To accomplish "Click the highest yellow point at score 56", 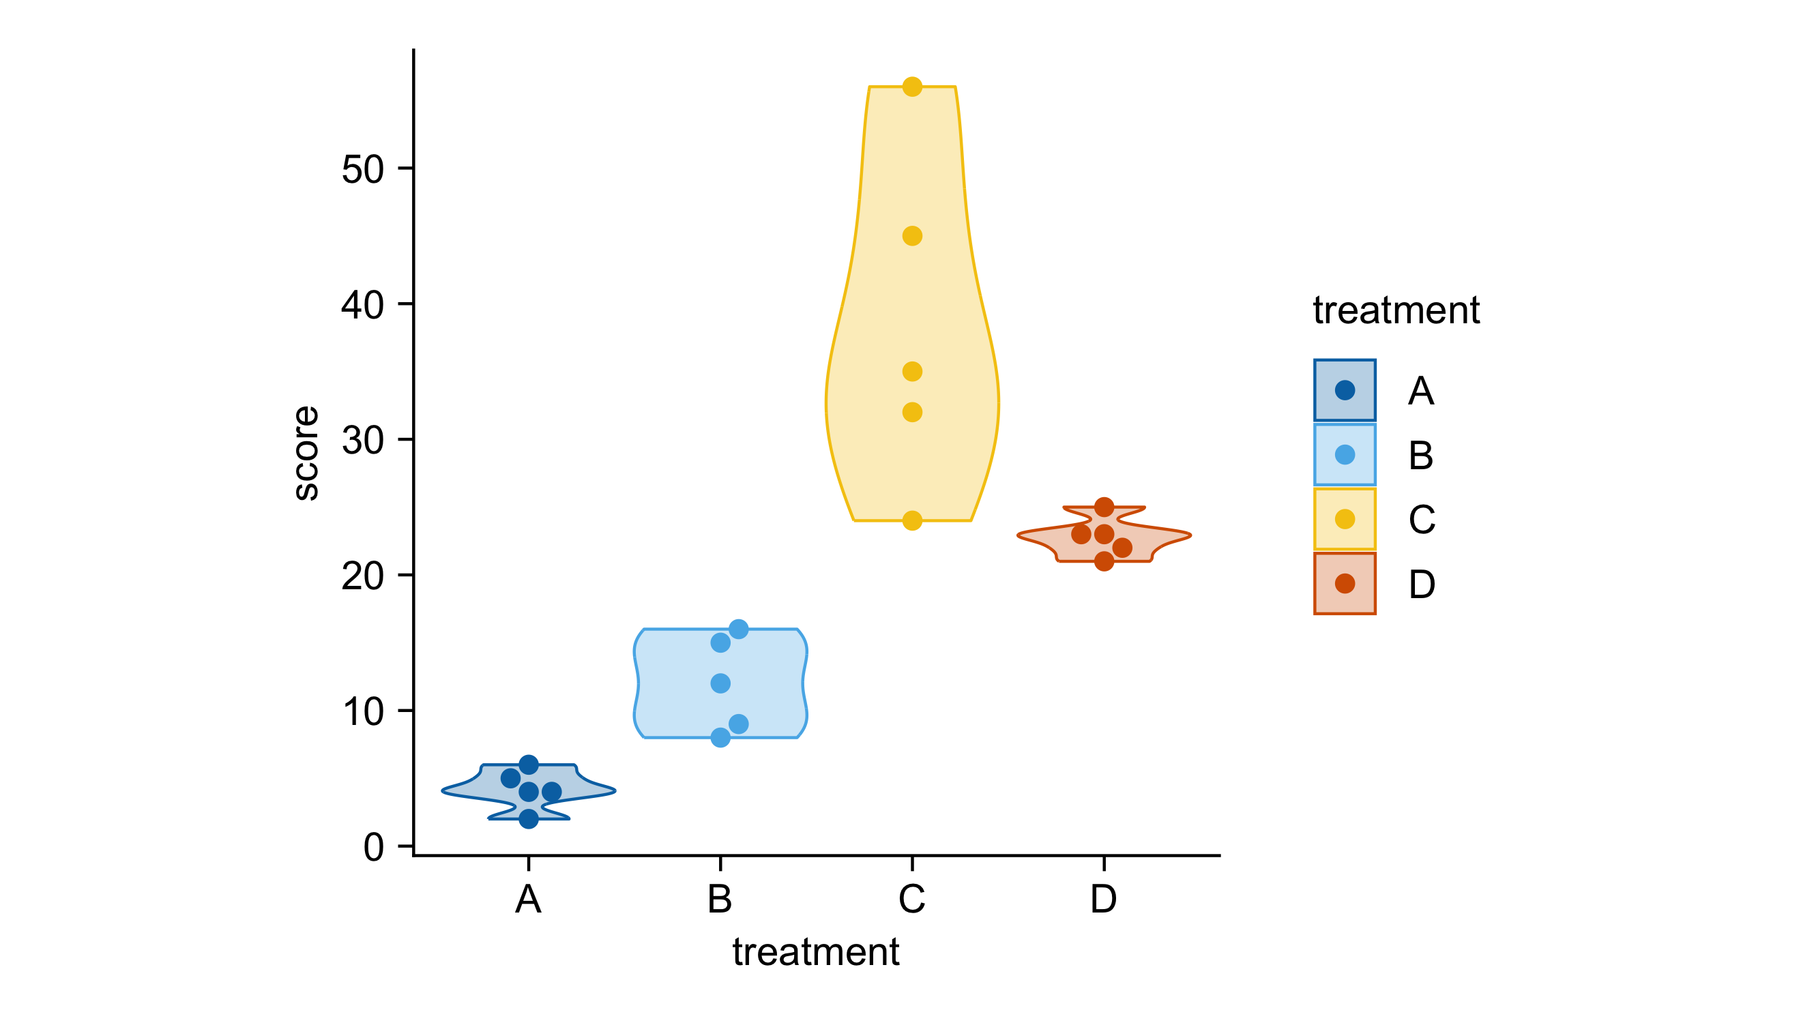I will [911, 87].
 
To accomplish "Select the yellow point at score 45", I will [911, 236].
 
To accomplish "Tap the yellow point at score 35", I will [911, 372].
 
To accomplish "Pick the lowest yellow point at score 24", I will [911, 520].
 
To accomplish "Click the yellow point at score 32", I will [911, 413].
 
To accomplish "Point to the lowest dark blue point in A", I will [529, 819].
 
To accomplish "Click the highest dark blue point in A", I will [529, 765].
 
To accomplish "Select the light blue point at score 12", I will [720, 683].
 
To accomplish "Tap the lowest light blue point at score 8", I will [720, 738].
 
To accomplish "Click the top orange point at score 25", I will [1104, 507].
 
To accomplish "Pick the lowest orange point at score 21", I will [1104, 561].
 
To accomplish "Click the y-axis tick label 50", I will [363, 170].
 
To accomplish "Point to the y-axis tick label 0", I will [373, 847].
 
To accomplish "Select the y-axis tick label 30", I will [363, 441].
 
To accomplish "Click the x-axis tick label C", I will [911, 900].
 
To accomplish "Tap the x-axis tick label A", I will [529, 900].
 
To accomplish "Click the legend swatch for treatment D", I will [1344, 584].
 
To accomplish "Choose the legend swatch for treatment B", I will [1344, 456].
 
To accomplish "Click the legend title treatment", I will [1396, 310].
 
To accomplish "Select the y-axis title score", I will [306, 453].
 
